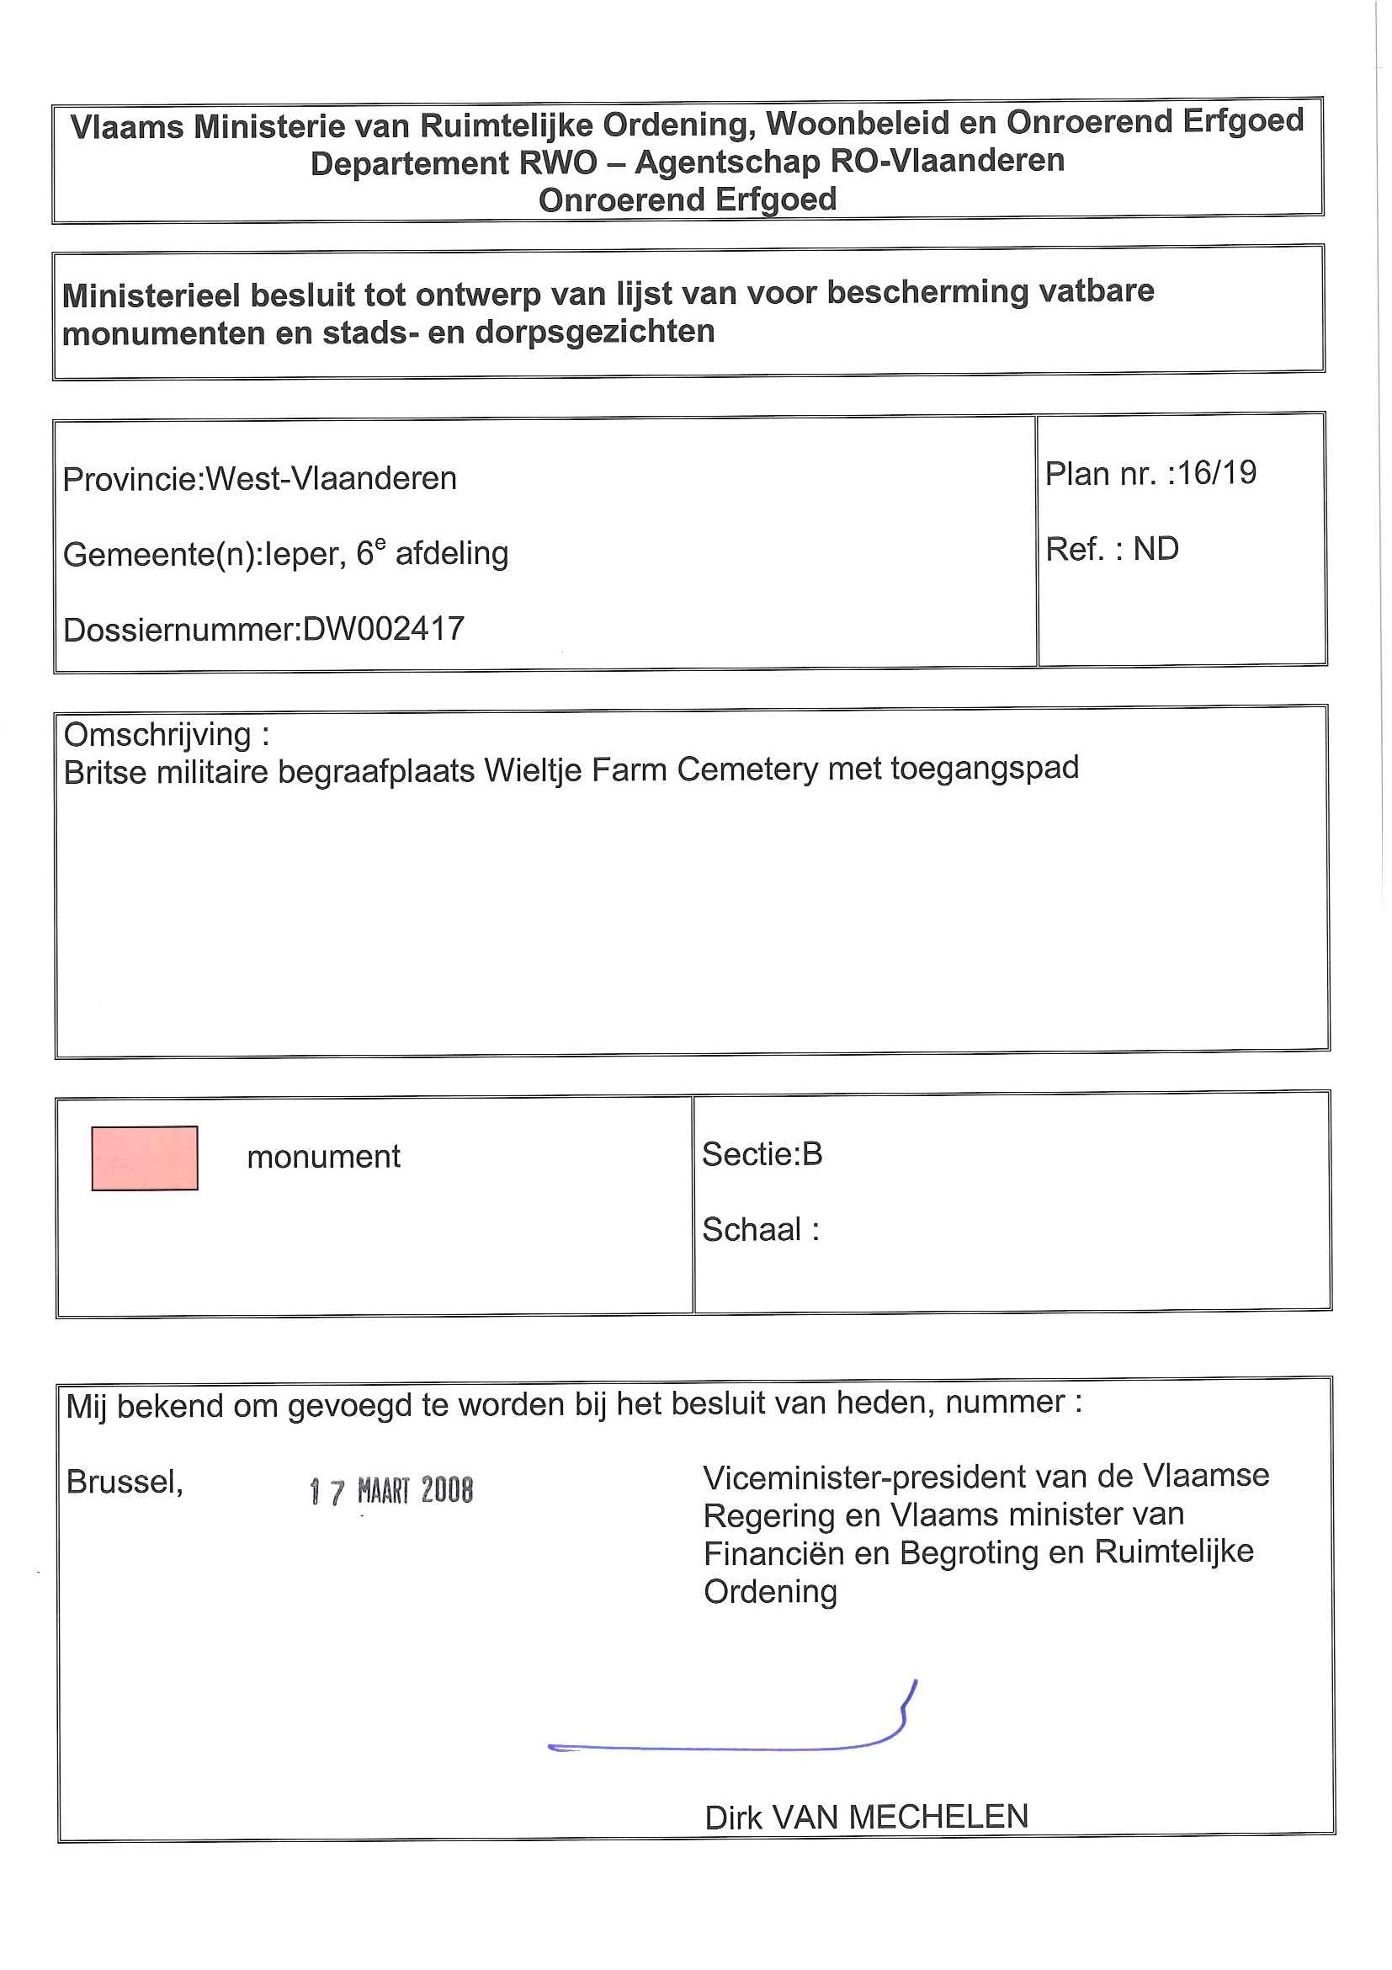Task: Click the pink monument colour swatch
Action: point(144,1158)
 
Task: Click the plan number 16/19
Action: point(1217,473)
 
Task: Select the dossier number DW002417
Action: point(384,629)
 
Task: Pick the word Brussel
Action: point(124,1482)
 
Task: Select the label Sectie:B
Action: point(762,1154)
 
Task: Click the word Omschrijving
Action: point(158,734)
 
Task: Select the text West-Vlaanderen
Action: point(331,478)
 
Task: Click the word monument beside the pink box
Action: point(323,1157)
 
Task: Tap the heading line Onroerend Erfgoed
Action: point(687,200)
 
